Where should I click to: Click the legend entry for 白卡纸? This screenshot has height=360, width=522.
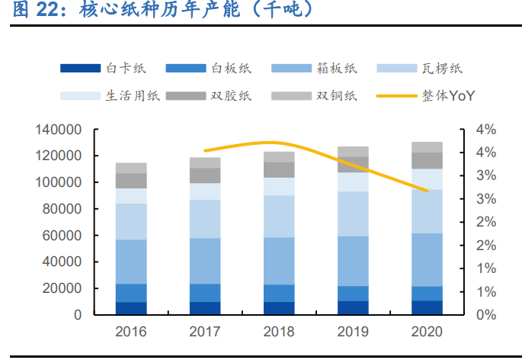pyautogui.click(x=104, y=69)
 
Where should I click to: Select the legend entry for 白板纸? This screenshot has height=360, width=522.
pyautogui.click(x=210, y=69)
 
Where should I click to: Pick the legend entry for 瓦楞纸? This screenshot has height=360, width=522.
pyautogui.click(x=421, y=69)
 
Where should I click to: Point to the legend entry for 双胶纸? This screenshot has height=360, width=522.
pyautogui.click(x=210, y=96)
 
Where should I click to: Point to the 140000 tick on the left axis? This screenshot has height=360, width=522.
pyautogui.click(x=59, y=130)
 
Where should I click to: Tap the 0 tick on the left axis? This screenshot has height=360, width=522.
pyautogui.click(x=77, y=315)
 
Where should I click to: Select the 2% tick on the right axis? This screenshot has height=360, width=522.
pyautogui.click(x=485, y=222)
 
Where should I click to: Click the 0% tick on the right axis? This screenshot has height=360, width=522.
pyautogui.click(x=485, y=315)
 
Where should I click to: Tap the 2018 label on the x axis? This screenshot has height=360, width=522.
pyautogui.click(x=279, y=333)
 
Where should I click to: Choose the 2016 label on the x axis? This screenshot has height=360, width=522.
pyautogui.click(x=131, y=333)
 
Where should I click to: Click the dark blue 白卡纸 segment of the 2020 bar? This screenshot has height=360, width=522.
pyautogui.click(x=427, y=307)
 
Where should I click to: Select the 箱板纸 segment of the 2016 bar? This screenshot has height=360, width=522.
pyautogui.click(x=131, y=262)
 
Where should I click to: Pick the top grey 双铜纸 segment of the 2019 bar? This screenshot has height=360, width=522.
pyautogui.click(x=353, y=151)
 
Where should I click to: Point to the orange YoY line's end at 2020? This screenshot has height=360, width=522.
pyautogui.click(x=427, y=191)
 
